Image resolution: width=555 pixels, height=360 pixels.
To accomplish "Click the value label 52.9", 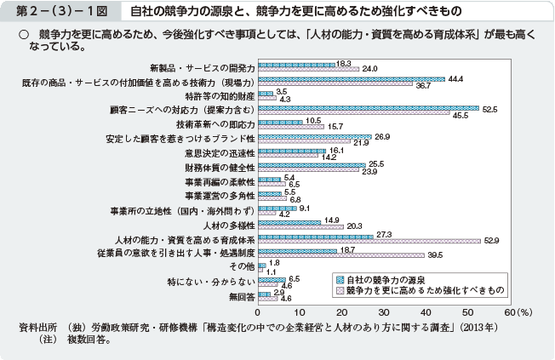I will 491,241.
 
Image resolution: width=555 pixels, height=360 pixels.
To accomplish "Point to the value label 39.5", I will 435,255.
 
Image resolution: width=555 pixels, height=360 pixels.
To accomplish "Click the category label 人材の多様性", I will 230,225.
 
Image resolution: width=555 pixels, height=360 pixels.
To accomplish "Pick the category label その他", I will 242,267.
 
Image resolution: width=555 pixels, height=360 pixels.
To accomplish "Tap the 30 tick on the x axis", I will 384,312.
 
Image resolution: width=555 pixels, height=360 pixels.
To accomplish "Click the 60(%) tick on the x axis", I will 517,312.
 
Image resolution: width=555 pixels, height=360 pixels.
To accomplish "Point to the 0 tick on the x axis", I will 258,312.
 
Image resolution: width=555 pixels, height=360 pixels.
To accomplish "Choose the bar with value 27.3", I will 315,237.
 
